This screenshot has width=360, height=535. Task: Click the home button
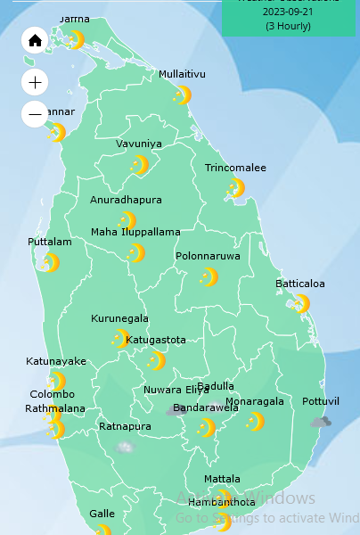click(x=35, y=40)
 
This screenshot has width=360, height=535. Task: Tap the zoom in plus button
click(x=35, y=83)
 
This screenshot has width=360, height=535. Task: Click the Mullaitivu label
click(x=183, y=74)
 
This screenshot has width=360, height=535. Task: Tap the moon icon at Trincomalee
click(x=236, y=187)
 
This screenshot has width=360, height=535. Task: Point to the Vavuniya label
click(x=139, y=144)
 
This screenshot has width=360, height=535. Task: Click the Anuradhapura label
click(x=126, y=200)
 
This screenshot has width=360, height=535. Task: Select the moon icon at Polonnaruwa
click(x=209, y=277)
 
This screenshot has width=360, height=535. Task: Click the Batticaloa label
click(x=300, y=284)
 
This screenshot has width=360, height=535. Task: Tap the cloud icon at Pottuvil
click(x=321, y=422)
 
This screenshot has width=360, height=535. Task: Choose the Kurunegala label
click(x=119, y=318)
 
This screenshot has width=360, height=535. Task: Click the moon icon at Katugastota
click(x=156, y=360)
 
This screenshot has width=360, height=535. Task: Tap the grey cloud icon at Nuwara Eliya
click(x=176, y=410)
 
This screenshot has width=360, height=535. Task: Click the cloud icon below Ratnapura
click(x=125, y=446)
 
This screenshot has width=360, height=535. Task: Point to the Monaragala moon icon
click(x=255, y=421)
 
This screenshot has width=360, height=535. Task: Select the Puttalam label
click(x=50, y=242)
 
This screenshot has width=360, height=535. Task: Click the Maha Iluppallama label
click(x=135, y=232)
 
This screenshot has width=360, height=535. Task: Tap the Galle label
click(x=102, y=514)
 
